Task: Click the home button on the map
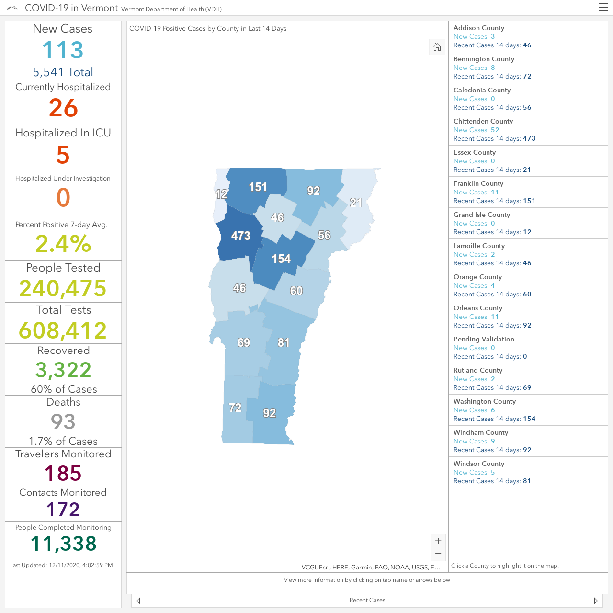pos(437,47)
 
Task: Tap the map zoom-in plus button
pos(438,541)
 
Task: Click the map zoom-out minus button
pos(438,554)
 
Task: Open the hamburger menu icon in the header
pos(603,8)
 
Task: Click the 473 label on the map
pos(240,236)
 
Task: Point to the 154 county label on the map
pos(281,259)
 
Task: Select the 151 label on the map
pos(258,187)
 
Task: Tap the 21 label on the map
pos(356,203)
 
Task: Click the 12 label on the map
pos(221,194)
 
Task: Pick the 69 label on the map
pos(244,342)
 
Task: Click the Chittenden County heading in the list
pos(483,121)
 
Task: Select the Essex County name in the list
pos(474,152)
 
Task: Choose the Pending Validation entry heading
pos(484,339)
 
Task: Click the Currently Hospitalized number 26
pos(63,108)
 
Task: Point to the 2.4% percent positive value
pos(63,244)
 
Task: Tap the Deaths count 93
pos(63,421)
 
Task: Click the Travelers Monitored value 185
pos(63,473)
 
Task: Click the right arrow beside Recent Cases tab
pos(596,601)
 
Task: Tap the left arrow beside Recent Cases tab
pos(138,601)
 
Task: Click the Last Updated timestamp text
pos(61,565)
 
